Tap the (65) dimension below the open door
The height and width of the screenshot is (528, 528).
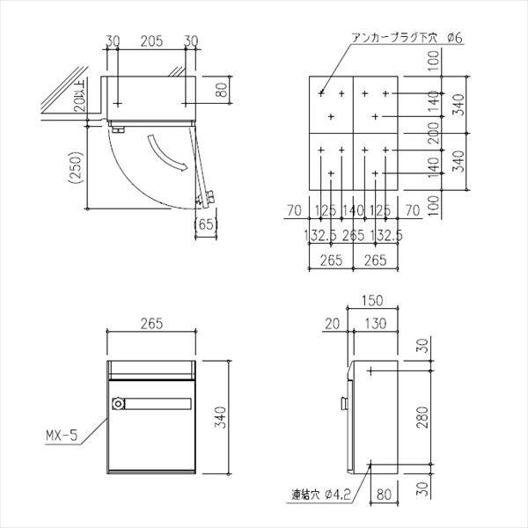(x=206, y=225)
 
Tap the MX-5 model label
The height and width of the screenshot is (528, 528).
(x=62, y=434)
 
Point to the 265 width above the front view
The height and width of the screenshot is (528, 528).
(x=150, y=323)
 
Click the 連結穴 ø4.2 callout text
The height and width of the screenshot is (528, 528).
(x=324, y=495)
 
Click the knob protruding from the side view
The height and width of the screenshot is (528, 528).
(x=342, y=405)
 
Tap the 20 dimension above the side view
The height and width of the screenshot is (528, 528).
(x=331, y=324)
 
